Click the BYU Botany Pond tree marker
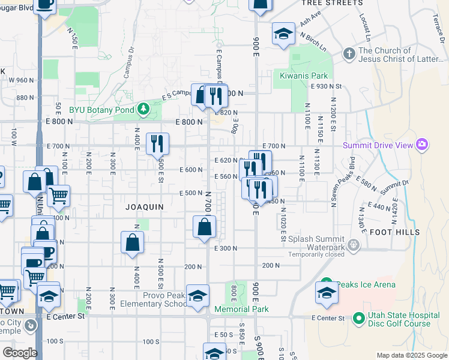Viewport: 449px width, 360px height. tap(143, 109)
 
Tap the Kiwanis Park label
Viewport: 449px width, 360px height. tap(304, 76)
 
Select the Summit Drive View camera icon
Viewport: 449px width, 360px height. tap(422, 144)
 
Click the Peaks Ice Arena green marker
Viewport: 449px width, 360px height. tap(327, 284)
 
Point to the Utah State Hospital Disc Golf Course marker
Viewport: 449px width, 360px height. tap(358, 318)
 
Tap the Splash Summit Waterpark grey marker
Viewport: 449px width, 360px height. tap(354, 244)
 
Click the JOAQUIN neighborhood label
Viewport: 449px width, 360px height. tap(145, 206)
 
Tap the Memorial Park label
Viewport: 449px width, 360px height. tap(241, 310)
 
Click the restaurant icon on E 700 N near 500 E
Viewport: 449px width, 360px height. tap(157, 143)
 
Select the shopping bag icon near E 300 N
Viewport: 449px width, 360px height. tap(205, 227)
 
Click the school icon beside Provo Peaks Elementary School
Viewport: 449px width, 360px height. tap(197, 296)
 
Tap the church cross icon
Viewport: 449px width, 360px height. tap(349, 54)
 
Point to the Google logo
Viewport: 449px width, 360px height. tap(20, 353)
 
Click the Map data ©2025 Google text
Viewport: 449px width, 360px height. tap(412, 355)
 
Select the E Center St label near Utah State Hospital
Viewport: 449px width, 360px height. tap(328, 317)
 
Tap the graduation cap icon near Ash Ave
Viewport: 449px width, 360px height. tap(283, 34)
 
